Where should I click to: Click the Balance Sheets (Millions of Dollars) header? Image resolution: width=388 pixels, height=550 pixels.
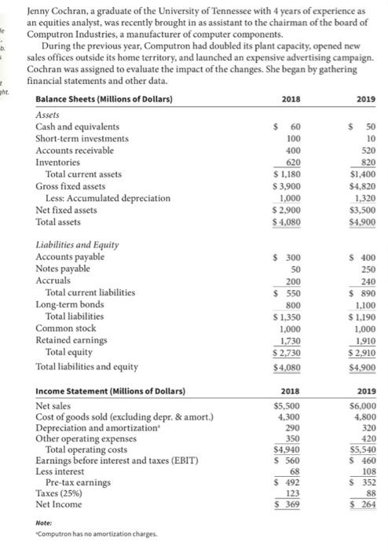tap(104, 99)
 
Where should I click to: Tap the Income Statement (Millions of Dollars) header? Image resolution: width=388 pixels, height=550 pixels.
tap(110, 390)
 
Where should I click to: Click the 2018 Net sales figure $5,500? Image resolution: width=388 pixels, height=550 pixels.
tap(284, 408)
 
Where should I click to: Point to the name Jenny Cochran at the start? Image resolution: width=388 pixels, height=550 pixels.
tap(57, 12)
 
